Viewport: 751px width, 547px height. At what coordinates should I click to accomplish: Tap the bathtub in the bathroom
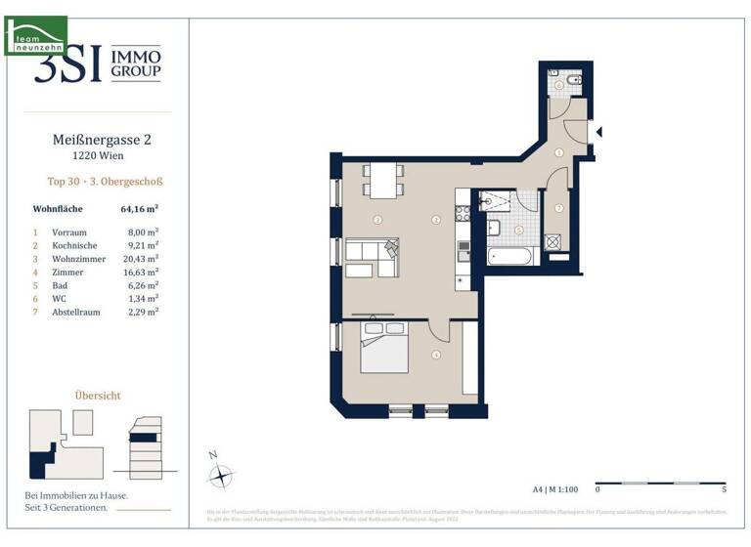pos(508,257)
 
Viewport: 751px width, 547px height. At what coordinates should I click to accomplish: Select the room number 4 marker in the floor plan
pos(436,356)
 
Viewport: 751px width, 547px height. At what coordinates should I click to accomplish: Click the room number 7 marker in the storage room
pos(558,208)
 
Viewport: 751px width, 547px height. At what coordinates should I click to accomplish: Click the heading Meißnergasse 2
pos(101,140)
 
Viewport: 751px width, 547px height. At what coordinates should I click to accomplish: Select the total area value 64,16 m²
pos(140,208)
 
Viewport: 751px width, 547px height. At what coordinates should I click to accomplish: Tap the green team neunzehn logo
pos(35,35)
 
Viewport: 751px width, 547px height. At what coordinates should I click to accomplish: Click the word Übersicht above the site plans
pos(98,396)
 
